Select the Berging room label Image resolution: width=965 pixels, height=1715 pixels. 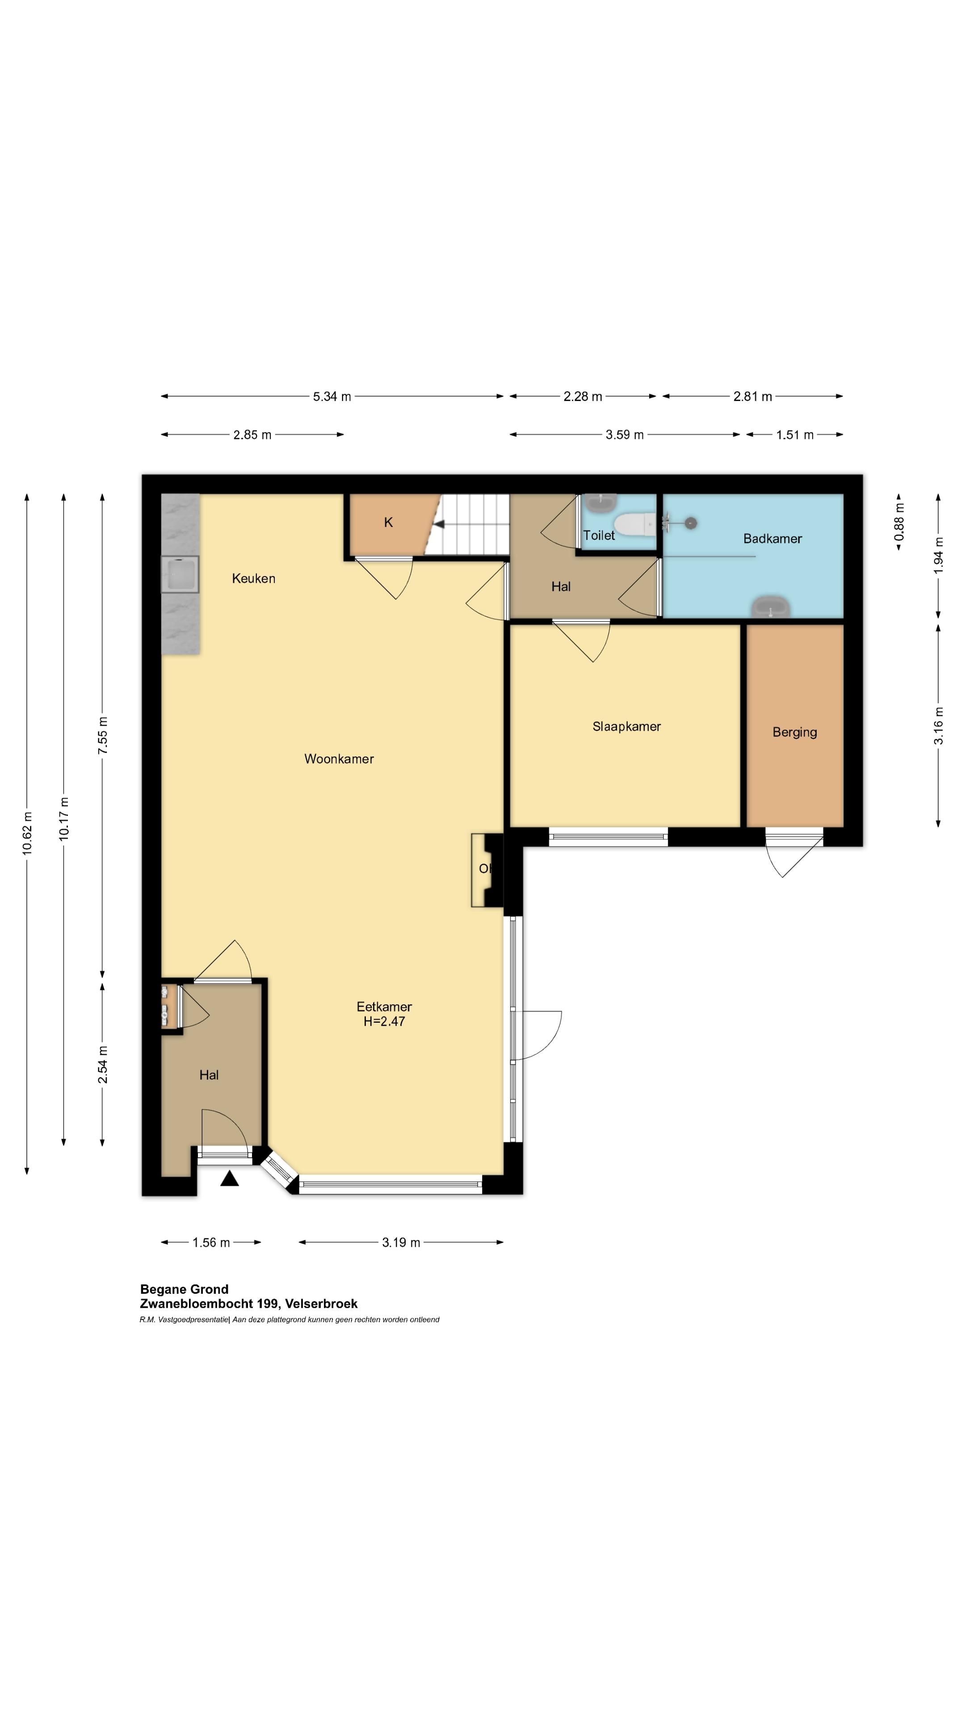click(x=794, y=732)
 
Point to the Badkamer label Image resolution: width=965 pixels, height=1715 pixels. click(x=772, y=539)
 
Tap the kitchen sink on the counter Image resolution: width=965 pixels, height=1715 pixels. click(x=180, y=574)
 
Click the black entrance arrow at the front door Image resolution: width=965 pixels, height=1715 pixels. click(x=230, y=1179)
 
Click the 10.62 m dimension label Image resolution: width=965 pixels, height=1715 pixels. click(x=27, y=833)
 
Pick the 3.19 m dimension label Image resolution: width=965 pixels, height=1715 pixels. click(x=401, y=1242)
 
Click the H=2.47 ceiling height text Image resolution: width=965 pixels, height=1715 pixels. click(x=384, y=1022)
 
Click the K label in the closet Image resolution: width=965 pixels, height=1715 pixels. click(x=388, y=523)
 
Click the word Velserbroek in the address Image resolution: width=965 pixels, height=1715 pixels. click(x=321, y=1304)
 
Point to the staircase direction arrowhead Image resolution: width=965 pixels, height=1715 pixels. click(x=439, y=525)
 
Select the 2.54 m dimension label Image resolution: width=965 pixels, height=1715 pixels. click(x=103, y=1065)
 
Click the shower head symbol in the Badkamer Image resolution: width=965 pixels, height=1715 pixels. click(x=691, y=523)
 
